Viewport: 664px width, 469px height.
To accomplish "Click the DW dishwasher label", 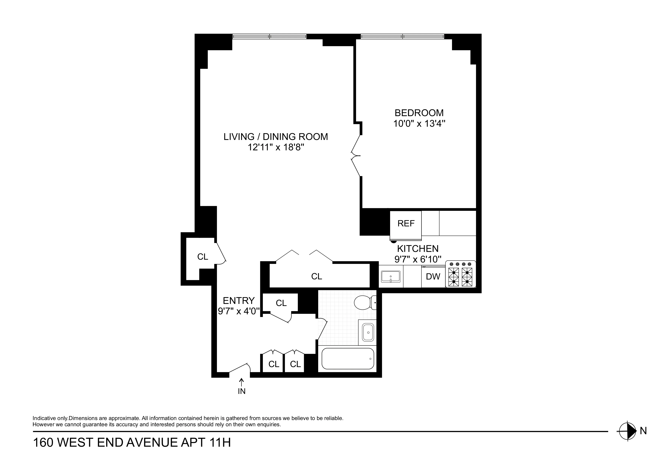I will click(433, 276).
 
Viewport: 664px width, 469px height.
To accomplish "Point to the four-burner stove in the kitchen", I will click(460, 275).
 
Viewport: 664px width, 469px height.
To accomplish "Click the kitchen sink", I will click(390, 276).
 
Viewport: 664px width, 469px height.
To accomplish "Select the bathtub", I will click(348, 359).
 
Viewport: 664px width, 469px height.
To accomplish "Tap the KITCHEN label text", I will click(417, 248).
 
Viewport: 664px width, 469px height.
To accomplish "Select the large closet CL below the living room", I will click(316, 276).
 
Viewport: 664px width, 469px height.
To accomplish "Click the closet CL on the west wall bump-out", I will click(203, 257).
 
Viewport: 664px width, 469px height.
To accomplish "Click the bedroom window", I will click(402, 36).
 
